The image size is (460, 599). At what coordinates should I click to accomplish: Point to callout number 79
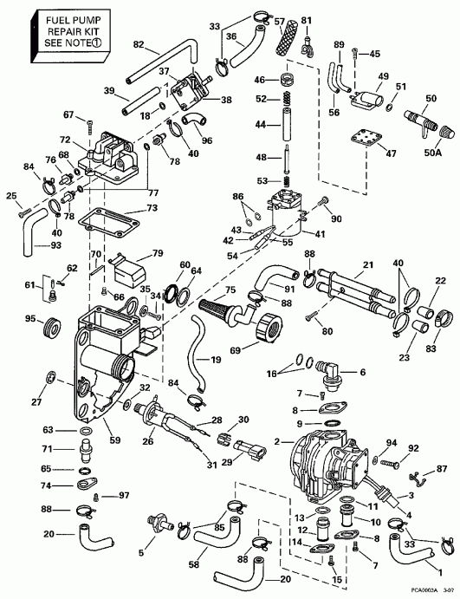[x=157, y=253]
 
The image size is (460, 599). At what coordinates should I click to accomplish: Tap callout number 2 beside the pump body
[x=278, y=441]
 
